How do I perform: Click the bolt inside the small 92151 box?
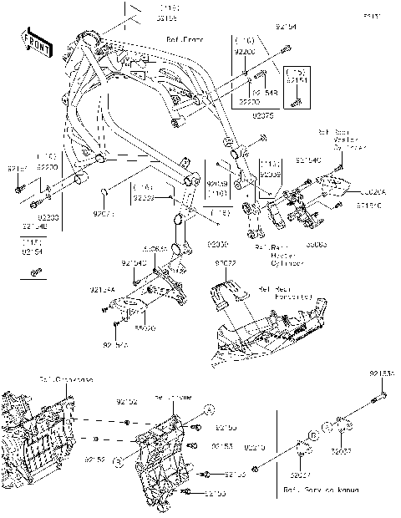[296, 103]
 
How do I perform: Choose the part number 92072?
[226, 263]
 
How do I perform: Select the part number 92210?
[256, 448]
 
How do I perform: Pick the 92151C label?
[369, 203]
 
